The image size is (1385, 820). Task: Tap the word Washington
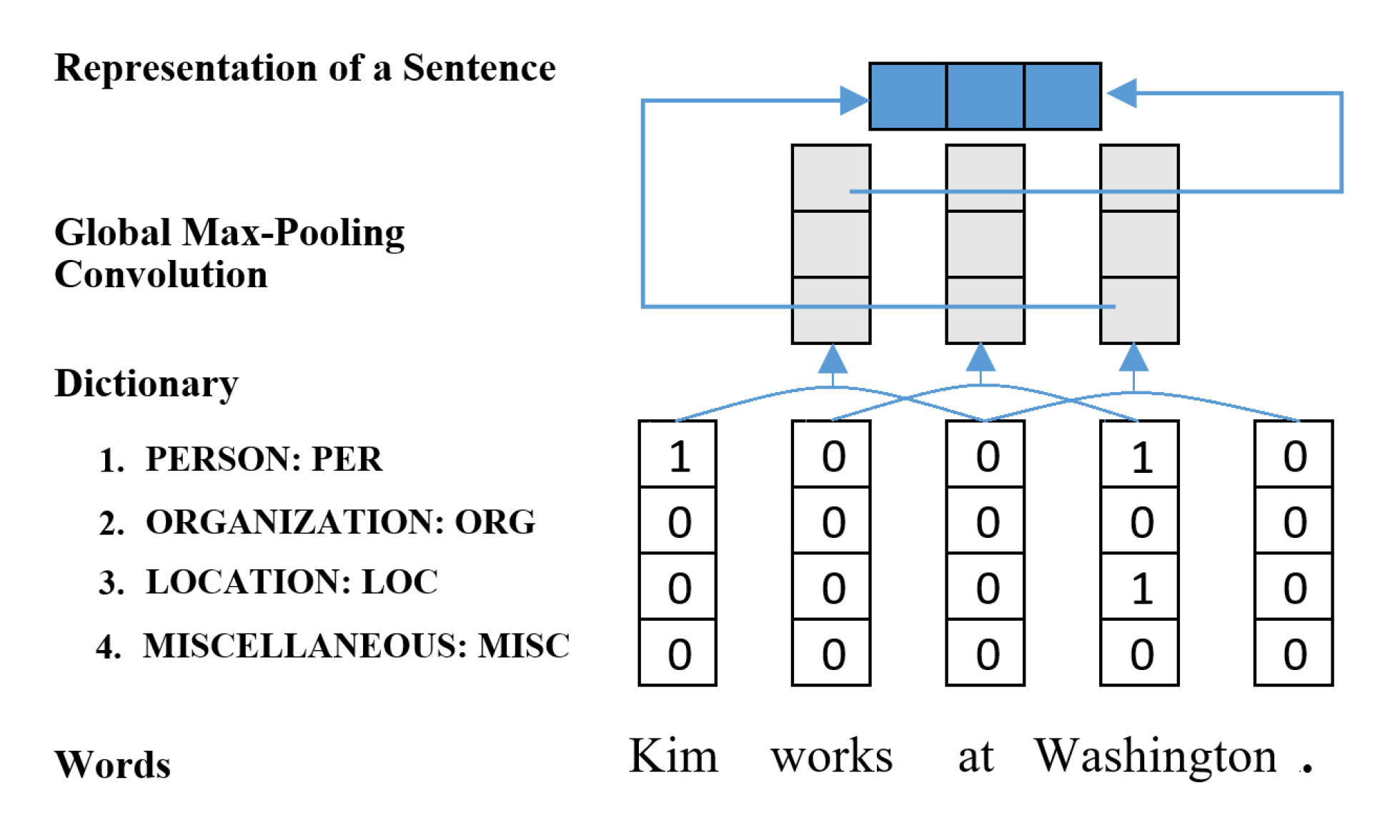[x=1155, y=757]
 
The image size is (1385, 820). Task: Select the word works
[x=831, y=757]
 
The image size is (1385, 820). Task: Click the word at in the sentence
[x=975, y=757]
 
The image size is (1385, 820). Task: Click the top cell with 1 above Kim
[x=677, y=455]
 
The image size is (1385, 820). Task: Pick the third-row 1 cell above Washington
[x=1139, y=587]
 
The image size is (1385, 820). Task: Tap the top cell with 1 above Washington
[x=1139, y=455]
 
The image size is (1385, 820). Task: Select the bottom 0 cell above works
[x=831, y=653]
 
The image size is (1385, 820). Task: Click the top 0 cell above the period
[x=1294, y=455]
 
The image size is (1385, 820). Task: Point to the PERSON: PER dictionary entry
[x=263, y=459]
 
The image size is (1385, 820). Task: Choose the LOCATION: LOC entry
[x=291, y=582]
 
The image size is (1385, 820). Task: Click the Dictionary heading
[x=147, y=384]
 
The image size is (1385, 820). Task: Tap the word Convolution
[x=161, y=275]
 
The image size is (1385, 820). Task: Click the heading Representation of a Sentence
[x=304, y=69]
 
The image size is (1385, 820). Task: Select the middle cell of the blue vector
[x=985, y=96]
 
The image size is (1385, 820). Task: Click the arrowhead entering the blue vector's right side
[x=1121, y=94]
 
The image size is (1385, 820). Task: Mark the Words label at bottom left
[x=112, y=765]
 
